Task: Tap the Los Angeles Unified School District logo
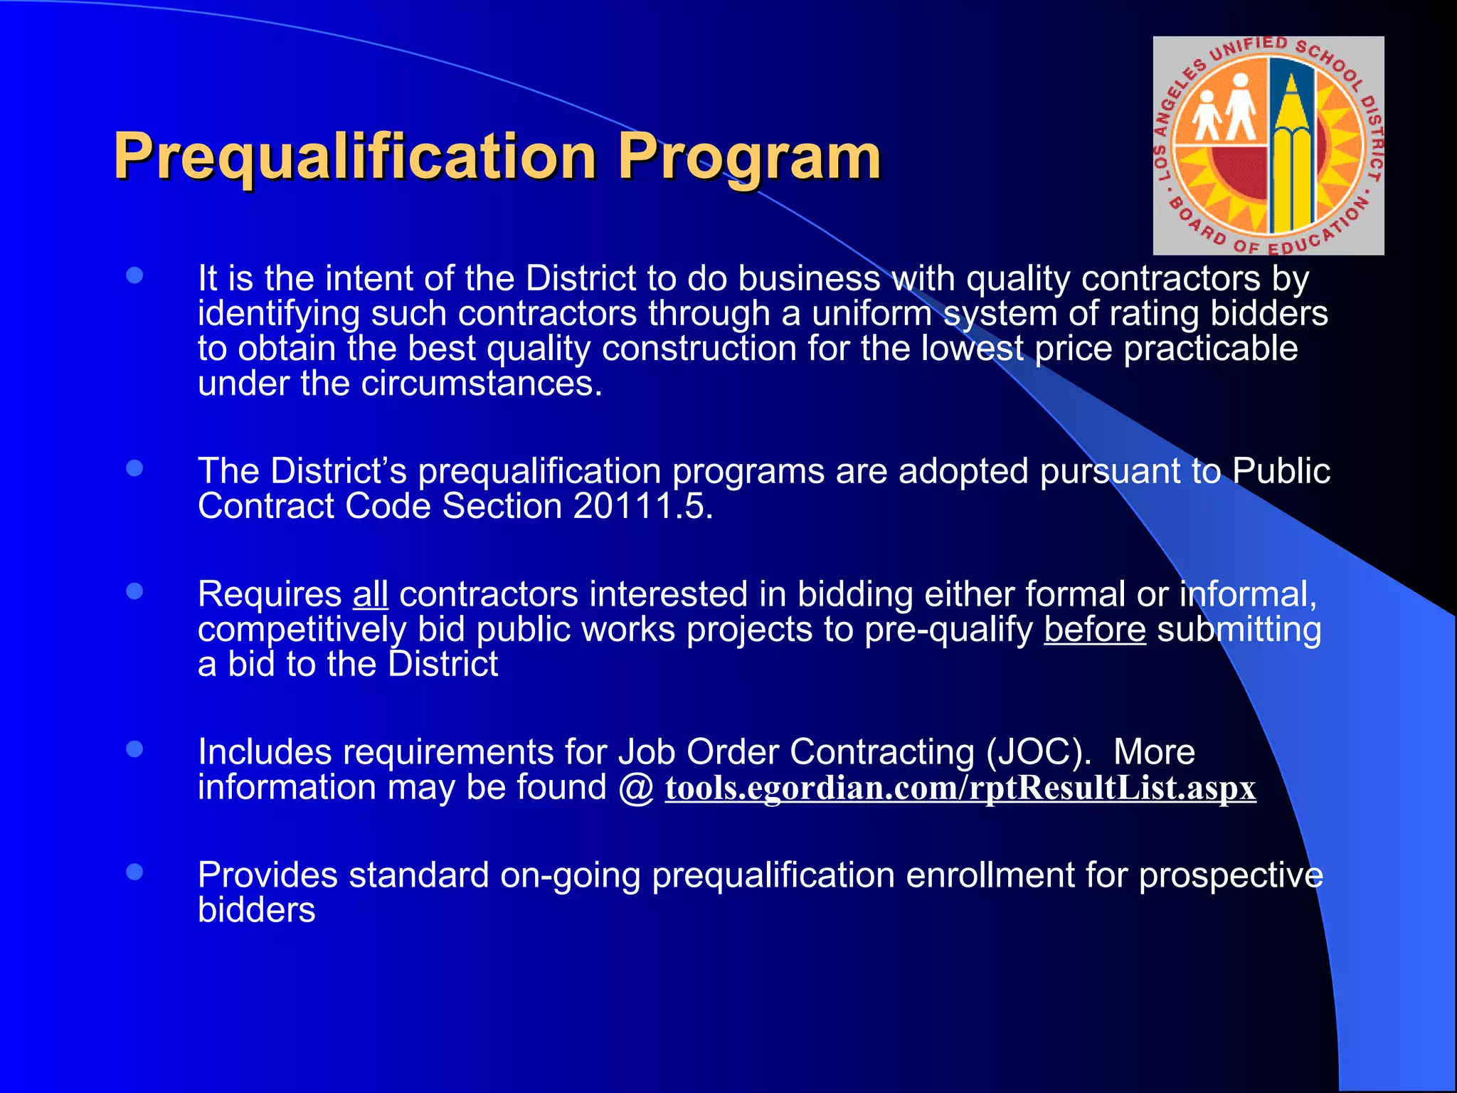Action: [x=1268, y=146]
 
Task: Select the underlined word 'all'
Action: [x=370, y=594]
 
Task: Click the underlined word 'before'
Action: [x=1094, y=629]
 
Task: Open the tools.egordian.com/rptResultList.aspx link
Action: [x=960, y=788]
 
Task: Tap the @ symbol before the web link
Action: [x=636, y=788]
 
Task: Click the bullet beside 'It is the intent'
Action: [x=134, y=275]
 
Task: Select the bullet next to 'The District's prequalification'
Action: [x=134, y=468]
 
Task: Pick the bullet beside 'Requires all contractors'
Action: [x=134, y=591]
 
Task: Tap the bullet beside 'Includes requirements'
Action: [x=134, y=749]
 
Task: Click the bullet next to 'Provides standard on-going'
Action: [x=134, y=872]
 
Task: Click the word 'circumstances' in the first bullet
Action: [x=481, y=384]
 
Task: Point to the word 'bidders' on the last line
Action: [x=256, y=910]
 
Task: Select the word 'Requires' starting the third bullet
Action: [x=270, y=594]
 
